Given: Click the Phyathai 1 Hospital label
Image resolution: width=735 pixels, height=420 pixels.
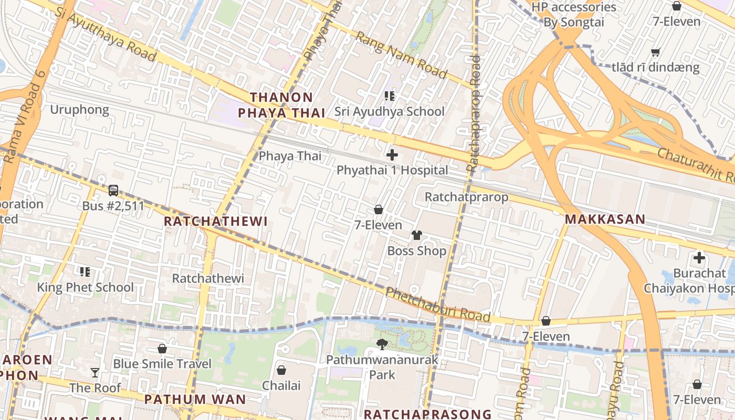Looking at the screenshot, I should click(x=392, y=170).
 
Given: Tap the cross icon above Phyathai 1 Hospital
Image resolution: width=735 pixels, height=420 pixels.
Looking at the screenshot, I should click(x=392, y=155).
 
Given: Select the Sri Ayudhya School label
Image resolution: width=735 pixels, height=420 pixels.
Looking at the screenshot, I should click(x=390, y=111).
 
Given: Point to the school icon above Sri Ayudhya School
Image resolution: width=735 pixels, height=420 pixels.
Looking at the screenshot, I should click(x=390, y=96).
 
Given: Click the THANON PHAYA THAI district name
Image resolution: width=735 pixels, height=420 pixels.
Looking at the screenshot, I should click(x=281, y=105).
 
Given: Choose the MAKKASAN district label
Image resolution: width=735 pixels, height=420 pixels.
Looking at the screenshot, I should click(x=605, y=219).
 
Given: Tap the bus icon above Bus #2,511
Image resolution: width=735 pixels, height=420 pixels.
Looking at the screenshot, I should click(x=113, y=191).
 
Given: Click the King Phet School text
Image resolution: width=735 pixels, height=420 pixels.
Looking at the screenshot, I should click(x=85, y=287).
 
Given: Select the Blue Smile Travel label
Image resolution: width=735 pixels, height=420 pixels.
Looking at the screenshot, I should click(x=162, y=364).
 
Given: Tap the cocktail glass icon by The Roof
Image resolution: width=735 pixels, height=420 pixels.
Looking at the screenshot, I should click(x=95, y=373).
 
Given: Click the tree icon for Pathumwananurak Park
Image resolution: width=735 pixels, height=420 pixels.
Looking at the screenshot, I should click(x=382, y=344).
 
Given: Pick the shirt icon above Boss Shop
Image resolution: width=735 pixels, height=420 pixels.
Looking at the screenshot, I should click(x=417, y=235).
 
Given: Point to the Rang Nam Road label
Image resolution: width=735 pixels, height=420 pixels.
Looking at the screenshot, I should click(x=401, y=55).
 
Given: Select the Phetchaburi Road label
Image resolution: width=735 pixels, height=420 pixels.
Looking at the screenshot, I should click(x=438, y=304).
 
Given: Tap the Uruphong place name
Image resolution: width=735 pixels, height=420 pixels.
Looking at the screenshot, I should click(x=79, y=110).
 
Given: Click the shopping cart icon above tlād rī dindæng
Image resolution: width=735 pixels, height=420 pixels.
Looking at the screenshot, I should click(x=655, y=52).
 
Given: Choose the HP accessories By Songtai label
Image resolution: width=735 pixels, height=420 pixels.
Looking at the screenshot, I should click(x=573, y=15).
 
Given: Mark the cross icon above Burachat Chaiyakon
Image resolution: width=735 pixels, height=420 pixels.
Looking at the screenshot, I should click(x=699, y=258).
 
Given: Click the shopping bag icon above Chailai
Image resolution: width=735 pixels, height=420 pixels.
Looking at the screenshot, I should click(x=281, y=370).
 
